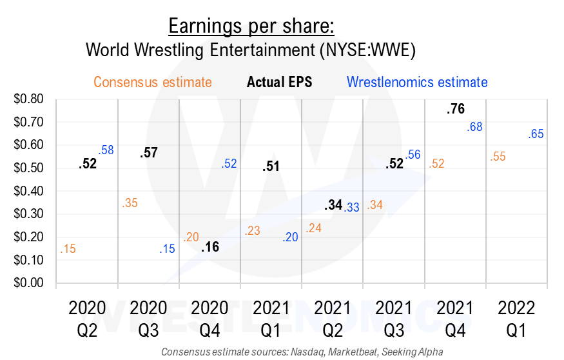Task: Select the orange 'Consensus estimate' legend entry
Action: click(x=153, y=83)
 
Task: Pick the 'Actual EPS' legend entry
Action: click(x=279, y=83)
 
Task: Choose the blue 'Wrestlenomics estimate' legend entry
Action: click(x=416, y=83)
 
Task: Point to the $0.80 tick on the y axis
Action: click(x=28, y=99)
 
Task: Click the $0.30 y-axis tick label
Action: click(x=28, y=214)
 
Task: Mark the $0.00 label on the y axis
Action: click(x=28, y=283)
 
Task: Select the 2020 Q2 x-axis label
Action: click(x=88, y=319)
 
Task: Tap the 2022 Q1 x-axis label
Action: click(x=516, y=319)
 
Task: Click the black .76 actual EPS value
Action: click(x=455, y=109)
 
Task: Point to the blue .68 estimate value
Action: click(x=474, y=128)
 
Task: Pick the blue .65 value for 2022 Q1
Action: click(x=536, y=134)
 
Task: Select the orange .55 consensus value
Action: click(x=497, y=157)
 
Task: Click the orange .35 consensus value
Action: click(x=130, y=203)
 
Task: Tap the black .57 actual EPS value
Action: click(x=150, y=153)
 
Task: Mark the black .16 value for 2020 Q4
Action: click(x=210, y=247)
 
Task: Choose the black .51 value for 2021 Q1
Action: click(x=271, y=167)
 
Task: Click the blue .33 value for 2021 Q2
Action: click(x=351, y=208)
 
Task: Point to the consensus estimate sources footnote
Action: click(x=302, y=352)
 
